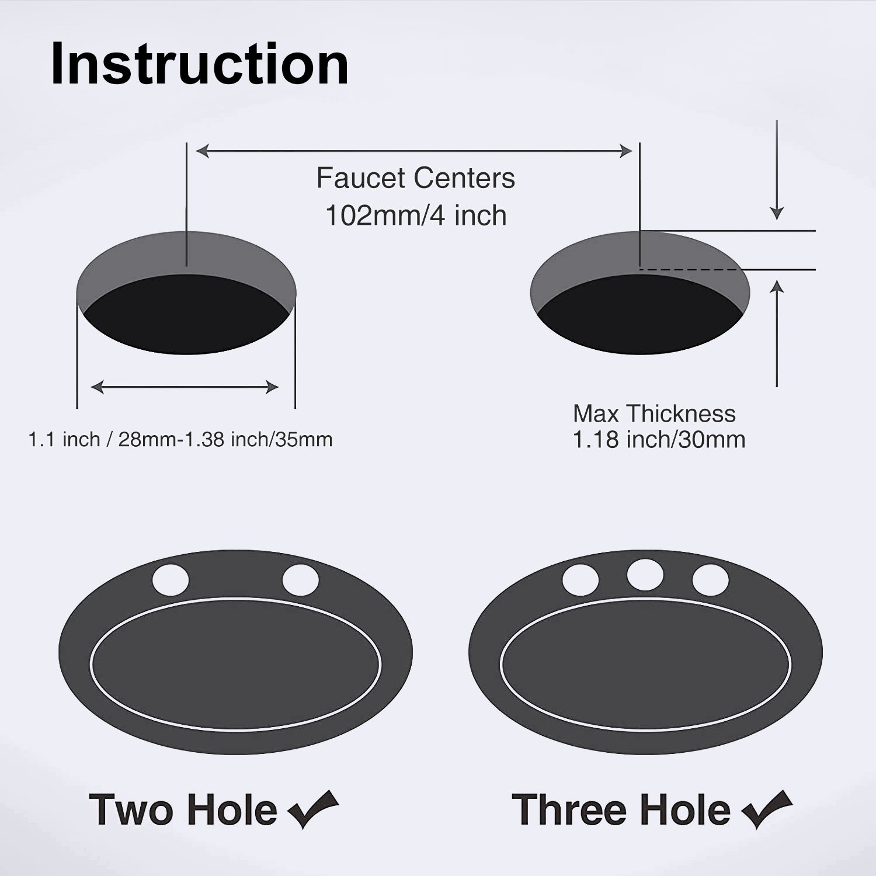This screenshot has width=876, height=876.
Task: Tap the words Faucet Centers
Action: click(416, 178)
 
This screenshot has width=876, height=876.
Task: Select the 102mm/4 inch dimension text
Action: click(416, 215)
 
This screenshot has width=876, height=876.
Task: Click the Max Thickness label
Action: click(654, 413)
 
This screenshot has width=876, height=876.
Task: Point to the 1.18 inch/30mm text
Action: click(659, 440)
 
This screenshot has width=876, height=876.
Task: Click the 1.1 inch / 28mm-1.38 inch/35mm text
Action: click(180, 439)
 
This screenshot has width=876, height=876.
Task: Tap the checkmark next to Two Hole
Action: click(314, 809)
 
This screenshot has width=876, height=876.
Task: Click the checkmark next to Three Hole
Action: click(767, 809)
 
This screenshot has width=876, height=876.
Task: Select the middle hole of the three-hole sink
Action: click(645, 575)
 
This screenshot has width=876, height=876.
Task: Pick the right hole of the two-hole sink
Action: click(301, 580)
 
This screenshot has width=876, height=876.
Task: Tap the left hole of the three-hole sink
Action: click(580, 580)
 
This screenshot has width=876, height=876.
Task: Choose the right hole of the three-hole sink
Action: click(711, 580)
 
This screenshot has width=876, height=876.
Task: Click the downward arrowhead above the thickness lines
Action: click(777, 213)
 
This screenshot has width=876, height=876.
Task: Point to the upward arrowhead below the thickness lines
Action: click(777, 287)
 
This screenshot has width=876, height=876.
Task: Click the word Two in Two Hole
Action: click(131, 810)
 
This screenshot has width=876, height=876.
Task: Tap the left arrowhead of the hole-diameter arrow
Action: click(98, 387)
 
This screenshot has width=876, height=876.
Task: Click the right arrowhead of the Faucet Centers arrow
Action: click(626, 151)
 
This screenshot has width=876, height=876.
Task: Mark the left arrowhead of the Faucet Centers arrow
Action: click(203, 151)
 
